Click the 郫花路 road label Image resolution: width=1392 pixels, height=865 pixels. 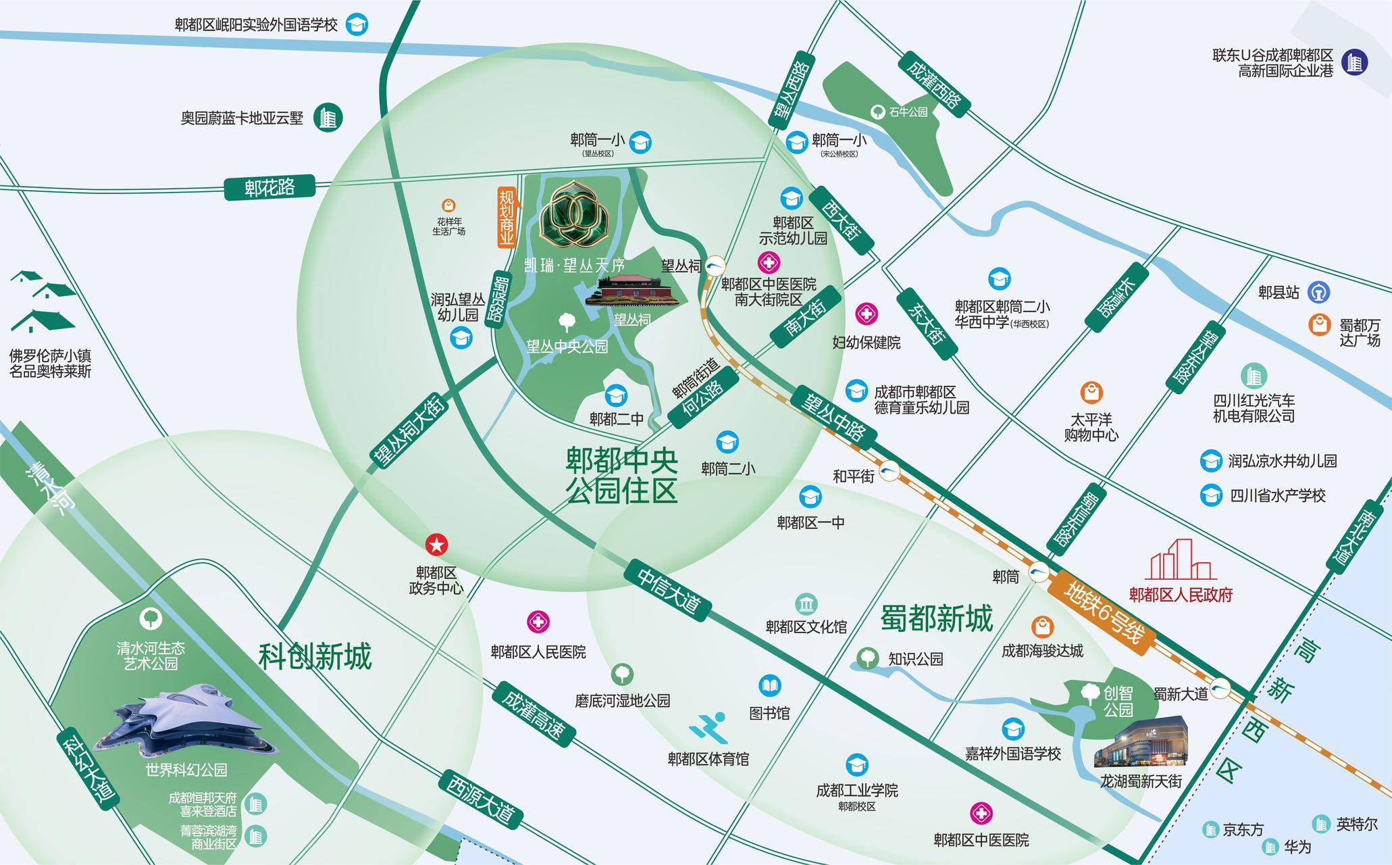tap(269, 187)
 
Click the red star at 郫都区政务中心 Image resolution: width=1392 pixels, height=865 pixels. tap(436, 545)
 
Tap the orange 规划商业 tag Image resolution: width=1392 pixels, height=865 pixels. tap(507, 218)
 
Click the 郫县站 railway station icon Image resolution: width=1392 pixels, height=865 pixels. tap(1318, 292)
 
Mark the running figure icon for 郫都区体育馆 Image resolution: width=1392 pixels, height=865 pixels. tap(708, 727)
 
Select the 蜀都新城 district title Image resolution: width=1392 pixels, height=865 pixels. tap(937, 618)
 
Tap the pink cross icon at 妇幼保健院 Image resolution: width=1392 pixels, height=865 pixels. tap(867, 314)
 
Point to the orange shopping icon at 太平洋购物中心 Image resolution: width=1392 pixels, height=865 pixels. tap(1091, 393)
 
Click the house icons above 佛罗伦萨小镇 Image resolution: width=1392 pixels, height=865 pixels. tap(42, 302)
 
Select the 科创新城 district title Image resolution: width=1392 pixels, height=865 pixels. tap(315, 656)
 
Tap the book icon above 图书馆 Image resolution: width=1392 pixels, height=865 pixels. tap(769, 686)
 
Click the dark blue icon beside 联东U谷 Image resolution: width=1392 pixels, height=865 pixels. tap(1354, 63)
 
